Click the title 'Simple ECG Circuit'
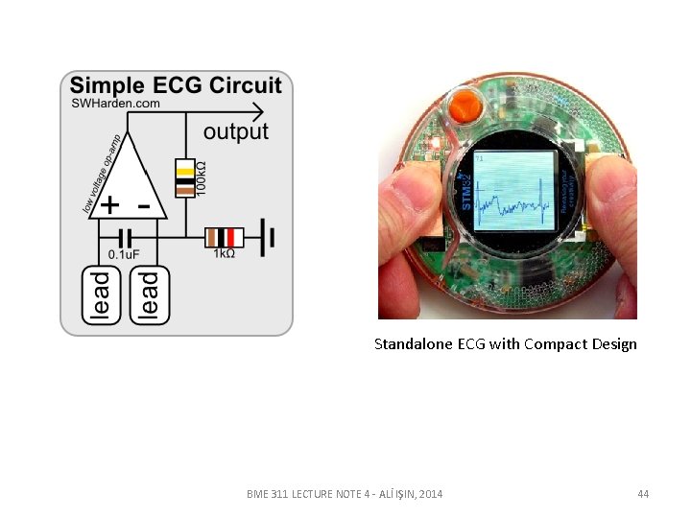[176, 85]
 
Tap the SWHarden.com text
[115, 103]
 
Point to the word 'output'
[236, 131]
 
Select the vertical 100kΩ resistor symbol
[184, 178]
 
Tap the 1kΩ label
[224, 254]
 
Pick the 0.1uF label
[123, 254]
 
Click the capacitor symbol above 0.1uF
[124, 236]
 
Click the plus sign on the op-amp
[111, 205]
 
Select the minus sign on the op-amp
[144, 205]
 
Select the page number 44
[643, 494]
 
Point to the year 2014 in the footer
[431, 494]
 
